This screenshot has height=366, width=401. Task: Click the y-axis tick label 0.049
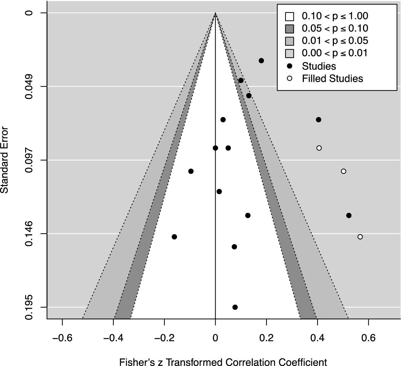(30, 87)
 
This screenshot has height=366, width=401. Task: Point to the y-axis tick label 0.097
(30, 160)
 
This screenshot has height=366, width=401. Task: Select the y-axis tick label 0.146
(30, 234)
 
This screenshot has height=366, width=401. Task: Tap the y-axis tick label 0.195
(30, 307)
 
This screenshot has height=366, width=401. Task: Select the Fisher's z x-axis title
(223, 362)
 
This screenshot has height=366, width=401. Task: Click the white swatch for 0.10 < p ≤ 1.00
(290, 16)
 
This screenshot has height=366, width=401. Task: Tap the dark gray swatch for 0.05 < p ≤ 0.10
(290, 29)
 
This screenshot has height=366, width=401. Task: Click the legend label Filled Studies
(332, 79)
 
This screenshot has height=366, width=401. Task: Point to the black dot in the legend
(290, 66)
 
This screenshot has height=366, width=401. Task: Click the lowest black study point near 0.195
(235, 307)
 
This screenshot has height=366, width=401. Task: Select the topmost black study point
(261, 60)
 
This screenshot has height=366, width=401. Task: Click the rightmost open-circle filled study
(360, 237)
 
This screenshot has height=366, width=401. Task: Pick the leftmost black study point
(174, 237)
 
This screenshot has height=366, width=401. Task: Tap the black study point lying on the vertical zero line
(215, 148)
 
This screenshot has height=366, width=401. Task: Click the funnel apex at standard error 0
(215, 13)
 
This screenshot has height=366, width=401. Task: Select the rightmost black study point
(349, 215)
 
